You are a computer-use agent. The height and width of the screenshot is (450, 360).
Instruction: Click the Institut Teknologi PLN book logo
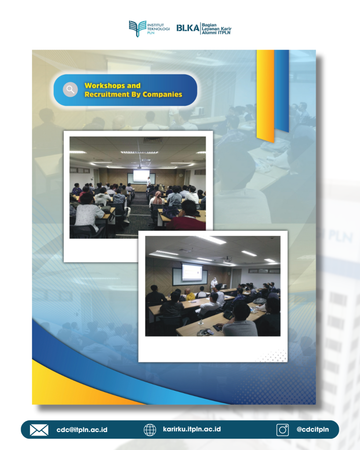[137, 29]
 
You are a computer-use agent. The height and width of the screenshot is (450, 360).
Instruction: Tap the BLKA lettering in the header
[188, 28]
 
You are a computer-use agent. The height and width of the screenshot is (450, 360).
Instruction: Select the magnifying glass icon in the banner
[70, 90]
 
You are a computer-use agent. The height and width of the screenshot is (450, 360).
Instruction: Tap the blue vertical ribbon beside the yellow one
[282, 91]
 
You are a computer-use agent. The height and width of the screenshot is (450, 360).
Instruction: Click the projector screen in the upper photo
[141, 176]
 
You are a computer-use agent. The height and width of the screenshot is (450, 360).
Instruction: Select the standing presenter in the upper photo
[149, 182]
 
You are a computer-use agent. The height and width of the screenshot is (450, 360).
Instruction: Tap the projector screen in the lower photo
[192, 272]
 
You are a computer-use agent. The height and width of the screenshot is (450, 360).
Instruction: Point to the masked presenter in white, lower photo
[214, 283]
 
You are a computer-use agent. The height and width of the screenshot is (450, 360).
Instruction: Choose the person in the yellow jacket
[190, 294]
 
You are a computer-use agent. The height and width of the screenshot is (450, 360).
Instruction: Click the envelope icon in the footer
[39, 430]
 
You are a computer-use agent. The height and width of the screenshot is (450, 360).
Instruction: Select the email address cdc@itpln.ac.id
[82, 430]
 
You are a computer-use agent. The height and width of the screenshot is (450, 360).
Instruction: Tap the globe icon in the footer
[150, 430]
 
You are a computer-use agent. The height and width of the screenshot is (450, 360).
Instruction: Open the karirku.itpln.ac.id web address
[192, 429]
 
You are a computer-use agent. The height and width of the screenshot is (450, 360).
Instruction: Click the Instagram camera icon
[283, 430]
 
